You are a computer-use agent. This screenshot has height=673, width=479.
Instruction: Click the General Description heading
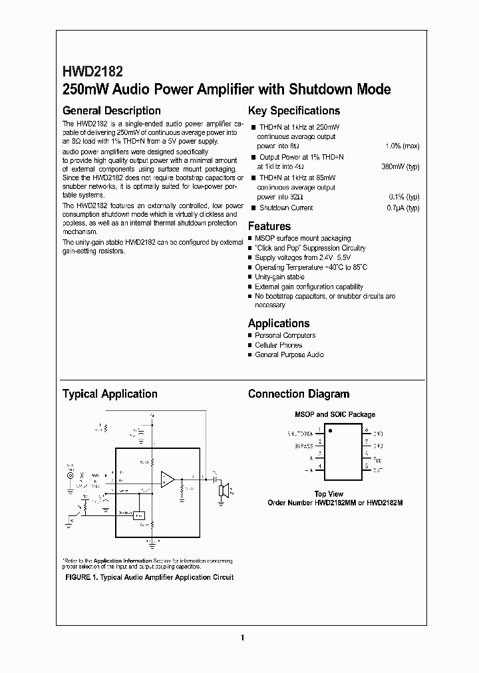tap(111, 111)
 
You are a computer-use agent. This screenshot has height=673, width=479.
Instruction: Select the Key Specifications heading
tap(293, 111)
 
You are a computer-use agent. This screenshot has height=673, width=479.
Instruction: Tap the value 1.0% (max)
tap(402, 146)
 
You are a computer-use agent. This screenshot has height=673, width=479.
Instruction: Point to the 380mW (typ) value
tap(400, 166)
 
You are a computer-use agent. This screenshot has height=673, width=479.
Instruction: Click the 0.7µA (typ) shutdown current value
tap(404, 207)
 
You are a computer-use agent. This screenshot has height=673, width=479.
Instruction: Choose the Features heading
tap(269, 226)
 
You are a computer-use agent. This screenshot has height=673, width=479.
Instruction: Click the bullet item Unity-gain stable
tap(279, 277)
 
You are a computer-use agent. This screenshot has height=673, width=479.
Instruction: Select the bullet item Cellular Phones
tap(278, 345)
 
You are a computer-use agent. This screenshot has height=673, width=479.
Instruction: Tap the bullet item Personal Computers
tap(285, 335)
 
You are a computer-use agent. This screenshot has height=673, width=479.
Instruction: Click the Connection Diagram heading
tap(298, 394)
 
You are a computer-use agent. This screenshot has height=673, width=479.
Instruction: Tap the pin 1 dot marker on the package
tap(331, 431)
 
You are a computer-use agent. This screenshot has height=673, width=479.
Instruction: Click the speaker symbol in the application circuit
tap(225, 491)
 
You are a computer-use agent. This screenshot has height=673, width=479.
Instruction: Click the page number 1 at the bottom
tap(243, 638)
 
